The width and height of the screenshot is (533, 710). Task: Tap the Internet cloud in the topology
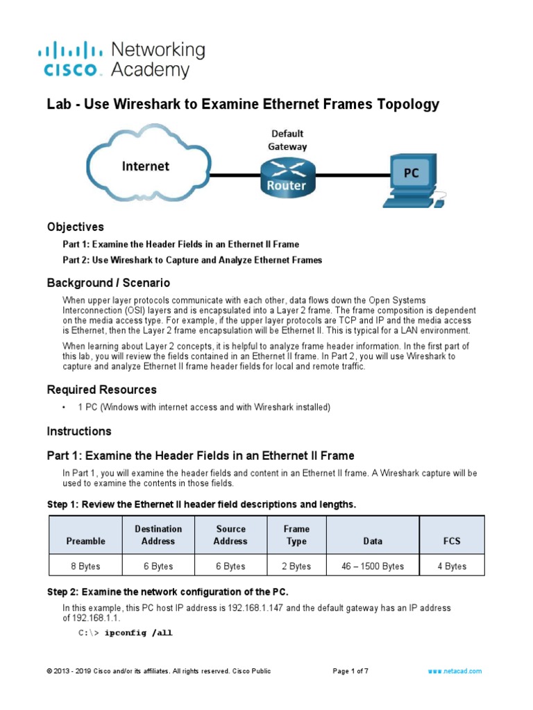point(146,166)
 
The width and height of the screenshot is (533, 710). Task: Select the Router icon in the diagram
point(287,177)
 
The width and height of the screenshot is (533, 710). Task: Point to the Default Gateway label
point(287,139)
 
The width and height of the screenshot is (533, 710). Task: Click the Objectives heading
point(75,227)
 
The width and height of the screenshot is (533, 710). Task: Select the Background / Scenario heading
point(108,283)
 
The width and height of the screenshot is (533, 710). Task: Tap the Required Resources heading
point(101,390)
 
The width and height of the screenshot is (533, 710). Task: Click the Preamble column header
point(85,541)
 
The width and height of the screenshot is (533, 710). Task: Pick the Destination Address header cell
point(158,535)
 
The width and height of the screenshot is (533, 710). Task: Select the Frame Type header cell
point(296,535)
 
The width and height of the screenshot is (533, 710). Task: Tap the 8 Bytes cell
point(85,566)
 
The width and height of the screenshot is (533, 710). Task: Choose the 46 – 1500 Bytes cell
point(373,566)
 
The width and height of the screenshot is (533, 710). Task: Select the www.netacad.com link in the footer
point(455,671)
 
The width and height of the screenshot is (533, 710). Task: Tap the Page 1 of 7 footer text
point(350,671)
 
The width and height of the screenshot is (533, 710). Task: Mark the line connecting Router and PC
point(346,175)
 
